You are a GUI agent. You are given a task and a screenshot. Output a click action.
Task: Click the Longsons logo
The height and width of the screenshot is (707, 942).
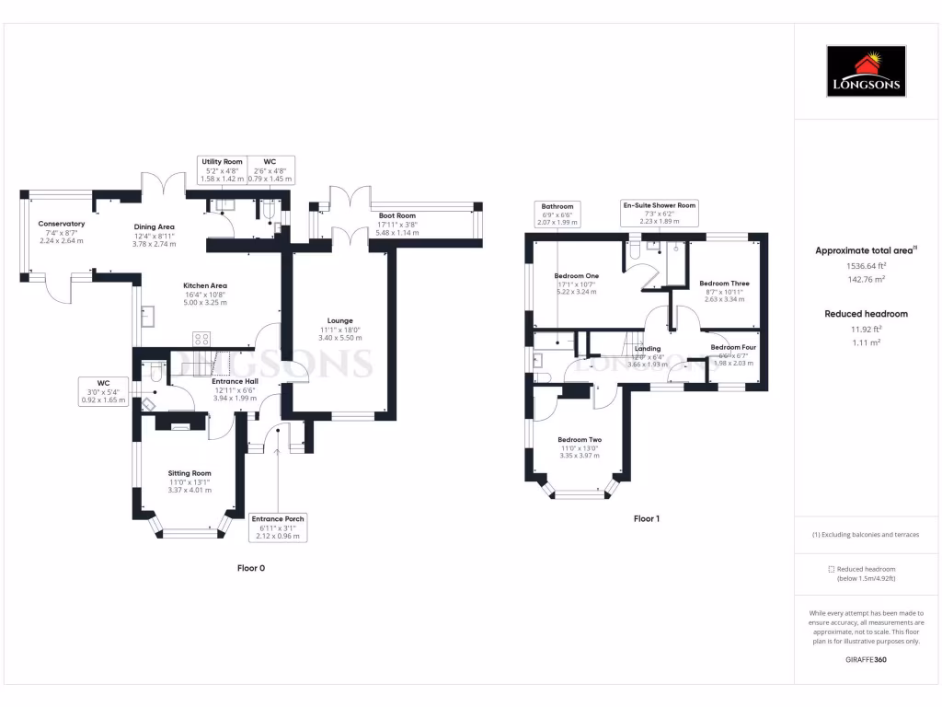867,72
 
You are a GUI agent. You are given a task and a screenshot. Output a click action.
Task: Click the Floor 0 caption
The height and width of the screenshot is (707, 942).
251,568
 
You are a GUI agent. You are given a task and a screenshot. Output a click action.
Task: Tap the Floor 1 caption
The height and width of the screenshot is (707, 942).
647,518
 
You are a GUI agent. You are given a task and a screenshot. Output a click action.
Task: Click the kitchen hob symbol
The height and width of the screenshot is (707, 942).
201,338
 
